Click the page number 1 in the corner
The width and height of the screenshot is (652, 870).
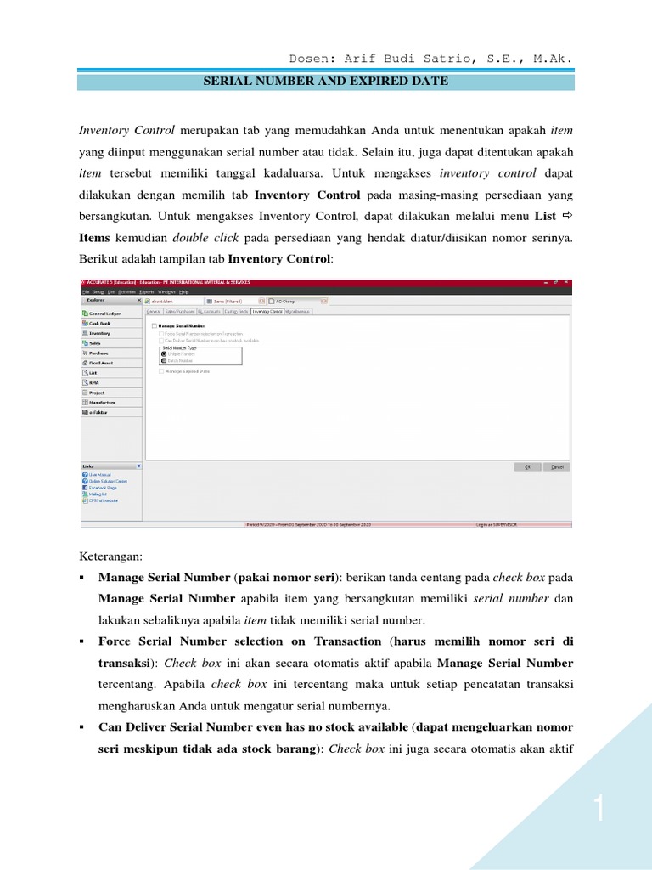pos(599,811)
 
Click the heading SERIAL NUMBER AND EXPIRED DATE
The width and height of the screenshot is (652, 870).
pos(326,82)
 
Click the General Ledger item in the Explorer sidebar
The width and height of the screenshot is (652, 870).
pos(101,314)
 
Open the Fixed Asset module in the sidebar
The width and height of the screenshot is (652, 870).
pos(100,363)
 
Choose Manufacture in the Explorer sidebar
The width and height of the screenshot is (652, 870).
pos(101,402)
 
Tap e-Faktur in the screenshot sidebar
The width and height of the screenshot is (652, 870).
pos(98,412)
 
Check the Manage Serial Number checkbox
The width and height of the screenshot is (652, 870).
pos(154,326)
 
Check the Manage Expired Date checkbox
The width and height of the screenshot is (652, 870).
pos(161,371)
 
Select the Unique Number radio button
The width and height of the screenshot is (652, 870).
pos(164,353)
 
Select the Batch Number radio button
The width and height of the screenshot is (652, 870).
pos(164,361)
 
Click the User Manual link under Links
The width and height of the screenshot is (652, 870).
pos(99,475)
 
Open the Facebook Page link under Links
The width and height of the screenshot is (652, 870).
pos(102,488)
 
